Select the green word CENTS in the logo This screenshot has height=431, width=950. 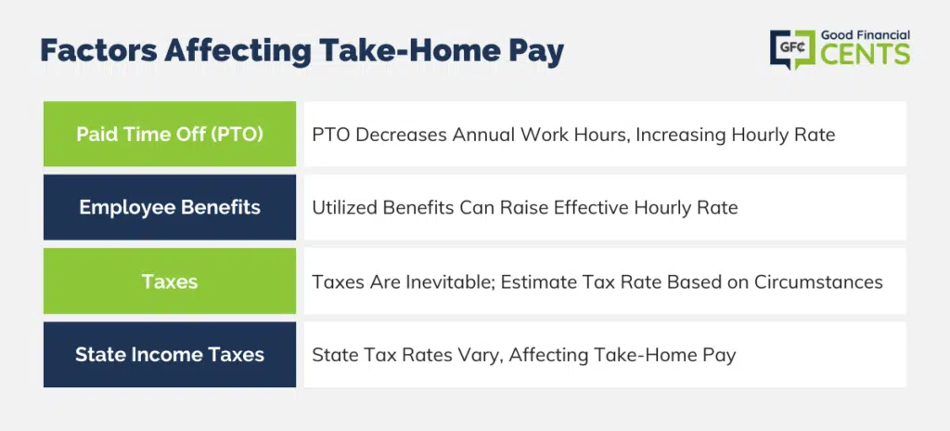click(866, 55)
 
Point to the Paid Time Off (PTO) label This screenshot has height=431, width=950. click(170, 134)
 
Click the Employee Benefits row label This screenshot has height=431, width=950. click(170, 208)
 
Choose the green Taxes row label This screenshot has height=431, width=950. click(170, 281)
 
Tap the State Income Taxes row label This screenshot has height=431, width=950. click(170, 355)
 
